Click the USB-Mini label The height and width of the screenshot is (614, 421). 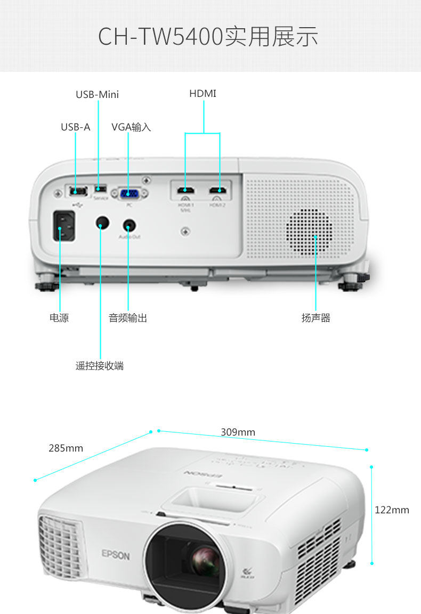[97, 95]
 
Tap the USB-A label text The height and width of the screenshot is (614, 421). [75, 127]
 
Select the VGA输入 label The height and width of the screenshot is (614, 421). [131, 127]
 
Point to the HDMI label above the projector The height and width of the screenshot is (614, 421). [203, 94]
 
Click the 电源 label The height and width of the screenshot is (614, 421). [59, 318]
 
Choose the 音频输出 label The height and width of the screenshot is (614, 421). [128, 318]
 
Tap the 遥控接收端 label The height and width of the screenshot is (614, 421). [100, 366]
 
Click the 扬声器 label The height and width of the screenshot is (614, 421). [316, 318]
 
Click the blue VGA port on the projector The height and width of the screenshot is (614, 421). [128, 194]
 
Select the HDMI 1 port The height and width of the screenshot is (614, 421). [185, 190]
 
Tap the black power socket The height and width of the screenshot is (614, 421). [63, 227]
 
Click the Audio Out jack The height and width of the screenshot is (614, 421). [128, 226]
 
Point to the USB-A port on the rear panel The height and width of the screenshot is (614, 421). [75, 191]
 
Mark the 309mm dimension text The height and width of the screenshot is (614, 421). [238, 432]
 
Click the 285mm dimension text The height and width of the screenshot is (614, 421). [66, 448]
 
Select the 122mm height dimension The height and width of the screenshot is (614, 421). [392, 510]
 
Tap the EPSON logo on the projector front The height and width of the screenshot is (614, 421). [116, 555]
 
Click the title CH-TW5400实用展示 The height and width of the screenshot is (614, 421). [208, 36]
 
